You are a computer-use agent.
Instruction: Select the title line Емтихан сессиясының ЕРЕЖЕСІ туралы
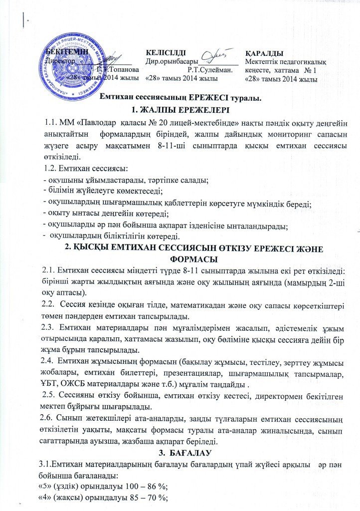tap(179, 98)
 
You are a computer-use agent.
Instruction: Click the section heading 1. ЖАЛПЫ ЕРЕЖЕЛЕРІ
tap(180, 110)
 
